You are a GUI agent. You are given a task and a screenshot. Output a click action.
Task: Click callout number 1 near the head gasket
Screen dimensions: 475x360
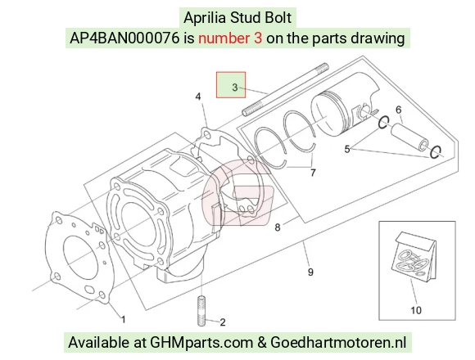(x=124, y=319)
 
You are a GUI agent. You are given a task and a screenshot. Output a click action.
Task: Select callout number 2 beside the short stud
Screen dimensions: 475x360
(x=223, y=322)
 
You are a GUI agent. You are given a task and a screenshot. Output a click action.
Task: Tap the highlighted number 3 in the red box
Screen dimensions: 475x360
(x=235, y=88)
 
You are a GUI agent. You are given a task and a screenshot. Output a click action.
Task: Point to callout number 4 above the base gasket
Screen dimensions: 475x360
(x=198, y=97)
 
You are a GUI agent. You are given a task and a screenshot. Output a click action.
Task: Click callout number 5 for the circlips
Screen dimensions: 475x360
(x=347, y=149)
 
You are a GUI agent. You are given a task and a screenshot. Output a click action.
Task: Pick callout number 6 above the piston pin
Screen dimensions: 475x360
(x=398, y=110)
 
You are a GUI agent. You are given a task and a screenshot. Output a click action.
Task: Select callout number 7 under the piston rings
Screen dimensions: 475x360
(x=313, y=173)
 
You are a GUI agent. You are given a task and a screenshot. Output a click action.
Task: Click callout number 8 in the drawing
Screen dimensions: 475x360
(x=278, y=227)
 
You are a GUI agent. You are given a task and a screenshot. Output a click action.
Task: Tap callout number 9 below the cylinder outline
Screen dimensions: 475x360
(x=310, y=272)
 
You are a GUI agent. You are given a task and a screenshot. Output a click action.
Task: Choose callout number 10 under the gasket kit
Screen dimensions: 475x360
(x=416, y=310)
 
